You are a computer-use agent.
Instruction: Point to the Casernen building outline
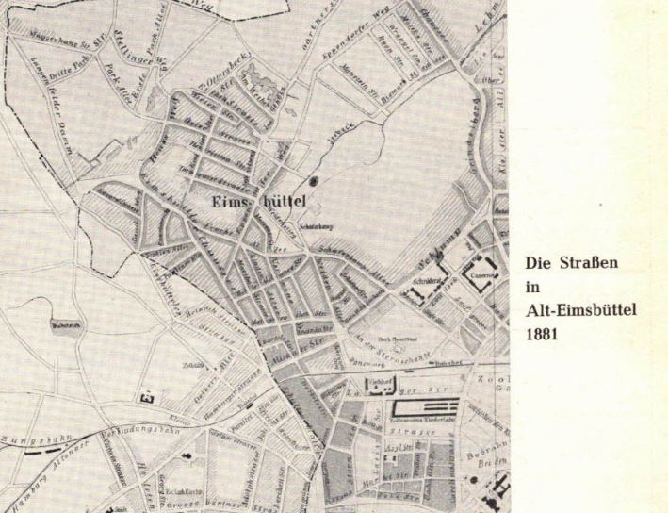489,267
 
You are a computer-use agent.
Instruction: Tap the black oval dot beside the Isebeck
315,179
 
